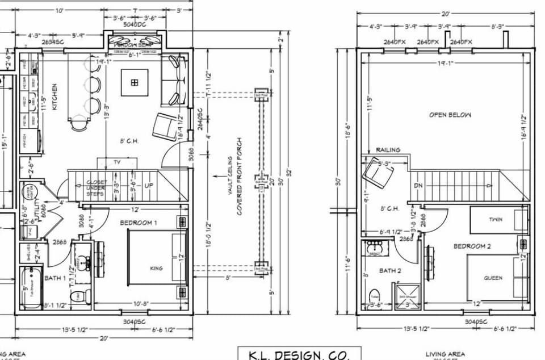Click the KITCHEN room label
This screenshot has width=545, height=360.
point(54,97)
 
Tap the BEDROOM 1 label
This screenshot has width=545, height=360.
point(139,223)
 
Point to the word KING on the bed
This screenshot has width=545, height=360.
point(156,268)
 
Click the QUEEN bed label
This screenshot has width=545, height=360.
point(493,278)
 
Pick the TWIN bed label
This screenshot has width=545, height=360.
point(495,219)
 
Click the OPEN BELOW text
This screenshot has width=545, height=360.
point(450,115)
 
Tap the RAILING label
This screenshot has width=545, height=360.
point(388,150)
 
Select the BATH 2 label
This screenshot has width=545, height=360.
point(390,270)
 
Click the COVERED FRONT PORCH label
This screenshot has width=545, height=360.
point(240,176)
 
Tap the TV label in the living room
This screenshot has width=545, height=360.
point(117,162)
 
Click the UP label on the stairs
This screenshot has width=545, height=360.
point(149,186)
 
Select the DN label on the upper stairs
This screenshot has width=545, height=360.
point(418,185)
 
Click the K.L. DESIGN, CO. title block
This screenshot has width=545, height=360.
point(299,354)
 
